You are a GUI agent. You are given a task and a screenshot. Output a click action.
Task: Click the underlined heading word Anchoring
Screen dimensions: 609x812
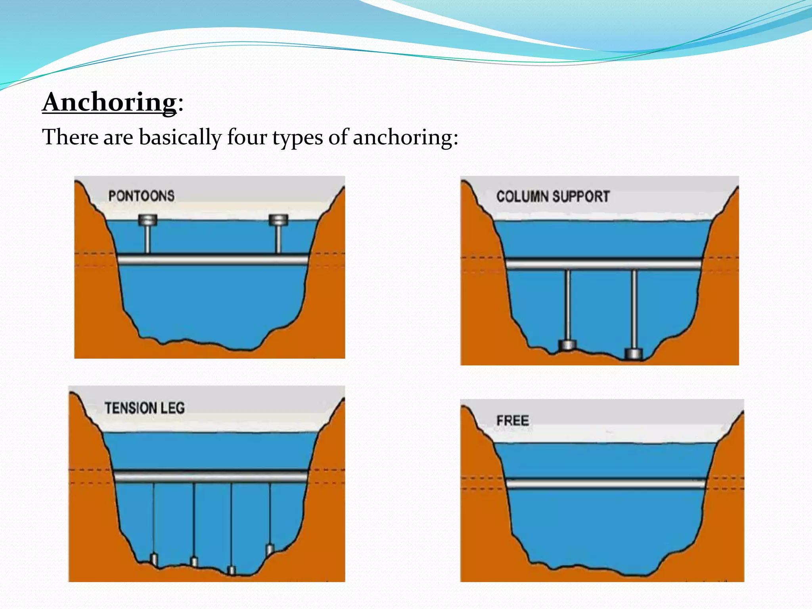109,102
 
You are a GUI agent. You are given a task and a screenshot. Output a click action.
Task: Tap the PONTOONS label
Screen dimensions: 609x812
141,196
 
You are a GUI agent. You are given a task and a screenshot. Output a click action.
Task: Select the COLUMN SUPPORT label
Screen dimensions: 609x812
553,197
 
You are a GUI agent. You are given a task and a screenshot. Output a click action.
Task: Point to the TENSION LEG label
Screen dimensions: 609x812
145,408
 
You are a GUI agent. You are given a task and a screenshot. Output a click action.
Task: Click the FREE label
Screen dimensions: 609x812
513,420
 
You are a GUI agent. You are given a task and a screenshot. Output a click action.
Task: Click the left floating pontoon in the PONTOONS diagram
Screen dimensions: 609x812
147,220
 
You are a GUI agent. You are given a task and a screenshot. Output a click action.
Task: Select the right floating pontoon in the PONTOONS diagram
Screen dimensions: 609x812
278,220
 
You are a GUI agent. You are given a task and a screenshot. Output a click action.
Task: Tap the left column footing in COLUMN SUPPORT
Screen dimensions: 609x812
567,345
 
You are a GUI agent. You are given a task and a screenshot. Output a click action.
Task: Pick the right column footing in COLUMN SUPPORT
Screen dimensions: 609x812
633,353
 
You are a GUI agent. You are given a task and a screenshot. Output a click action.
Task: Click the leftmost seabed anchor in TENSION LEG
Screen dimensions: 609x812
154,559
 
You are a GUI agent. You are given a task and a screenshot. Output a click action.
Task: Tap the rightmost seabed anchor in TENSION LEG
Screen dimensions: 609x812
270,550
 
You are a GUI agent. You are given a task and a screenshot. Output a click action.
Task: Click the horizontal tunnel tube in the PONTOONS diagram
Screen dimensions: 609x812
213,260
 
